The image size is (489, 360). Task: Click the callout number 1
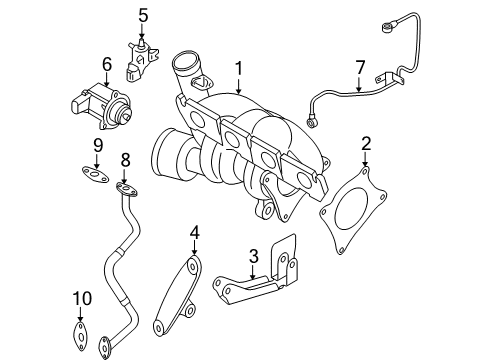239,68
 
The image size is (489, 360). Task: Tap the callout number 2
366,144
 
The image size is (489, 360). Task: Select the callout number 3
253,256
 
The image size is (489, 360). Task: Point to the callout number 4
195,232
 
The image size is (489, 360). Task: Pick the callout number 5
143,16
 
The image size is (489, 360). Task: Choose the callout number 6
107,64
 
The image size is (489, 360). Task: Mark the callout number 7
360,67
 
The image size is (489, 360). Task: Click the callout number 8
125,160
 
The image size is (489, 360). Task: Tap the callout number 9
98,146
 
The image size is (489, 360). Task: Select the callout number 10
82,298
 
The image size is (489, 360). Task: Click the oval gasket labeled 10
80,337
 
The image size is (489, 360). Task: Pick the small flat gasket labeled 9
95,175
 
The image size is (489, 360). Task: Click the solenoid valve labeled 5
141,60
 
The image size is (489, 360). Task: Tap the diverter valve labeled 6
101,105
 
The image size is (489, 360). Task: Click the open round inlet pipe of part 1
185,62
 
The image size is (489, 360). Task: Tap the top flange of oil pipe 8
127,190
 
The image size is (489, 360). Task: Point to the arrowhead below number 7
359,89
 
